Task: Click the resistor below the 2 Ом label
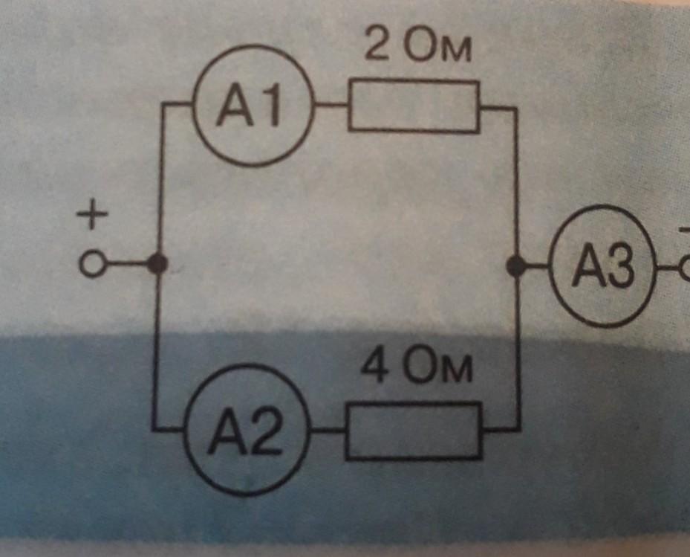click(414, 107)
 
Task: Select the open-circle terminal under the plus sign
click(92, 264)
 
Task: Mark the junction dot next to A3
click(515, 265)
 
